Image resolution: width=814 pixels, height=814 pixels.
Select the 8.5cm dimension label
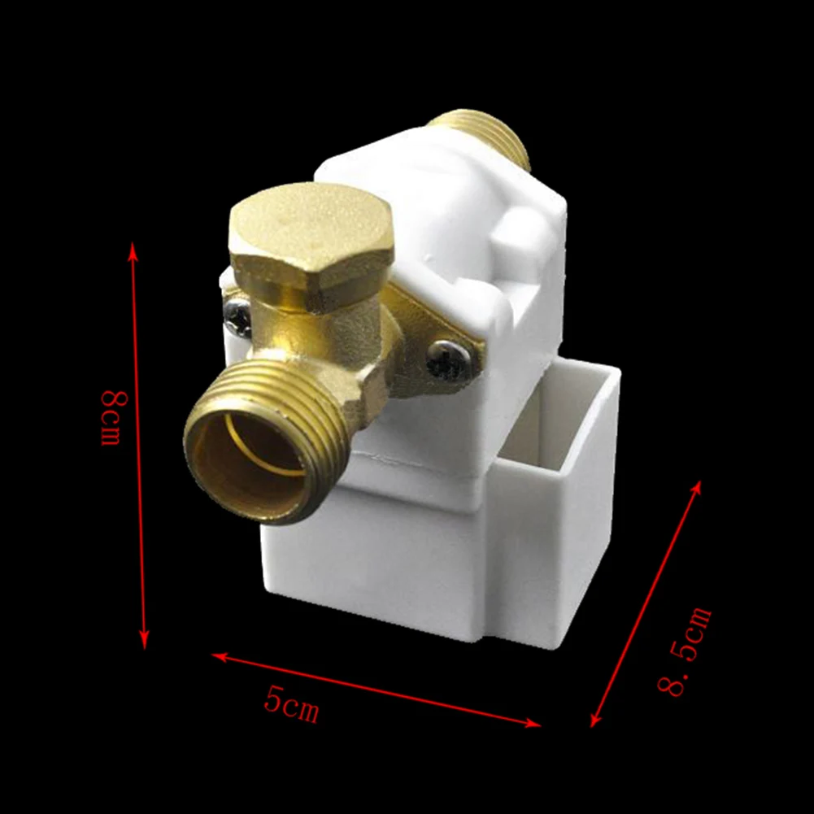tap(686, 649)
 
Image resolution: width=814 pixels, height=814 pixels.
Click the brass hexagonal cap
tap(310, 236)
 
